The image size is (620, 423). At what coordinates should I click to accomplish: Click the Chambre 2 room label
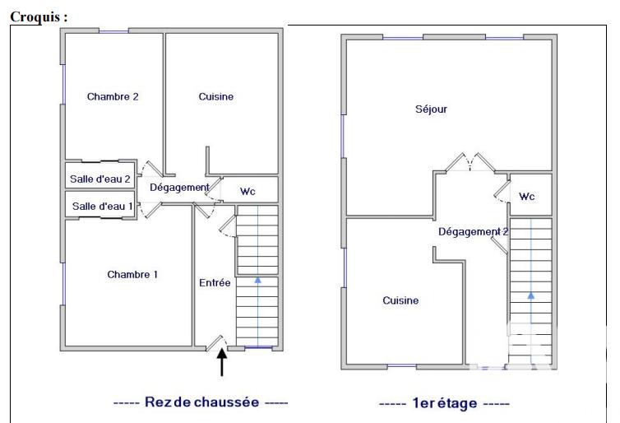tap(113, 96)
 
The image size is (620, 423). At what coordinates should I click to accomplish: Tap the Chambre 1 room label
tap(132, 275)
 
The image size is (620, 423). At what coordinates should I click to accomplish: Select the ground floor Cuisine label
tap(216, 96)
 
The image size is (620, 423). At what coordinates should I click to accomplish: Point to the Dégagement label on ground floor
tap(179, 188)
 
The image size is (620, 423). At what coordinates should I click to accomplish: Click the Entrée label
tap(215, 282)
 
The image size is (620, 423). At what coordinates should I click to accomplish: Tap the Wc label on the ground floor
tap(248, 191)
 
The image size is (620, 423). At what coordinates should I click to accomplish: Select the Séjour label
tap(431, 109)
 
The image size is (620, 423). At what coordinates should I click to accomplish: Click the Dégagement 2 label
tap(473, 232)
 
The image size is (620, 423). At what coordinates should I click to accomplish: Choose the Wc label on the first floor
tap(527, 197)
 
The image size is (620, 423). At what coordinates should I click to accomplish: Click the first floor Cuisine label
tap(400, 300)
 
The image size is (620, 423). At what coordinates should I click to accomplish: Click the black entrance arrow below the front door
tap(222, 361)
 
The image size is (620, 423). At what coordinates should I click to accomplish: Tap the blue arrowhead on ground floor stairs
tap(258, 281)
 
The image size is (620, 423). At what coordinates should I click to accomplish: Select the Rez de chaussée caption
tap(201, 402)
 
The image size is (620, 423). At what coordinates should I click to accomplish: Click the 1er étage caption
tap(444, 403)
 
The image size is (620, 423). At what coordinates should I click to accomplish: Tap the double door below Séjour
tap(470, 164)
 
